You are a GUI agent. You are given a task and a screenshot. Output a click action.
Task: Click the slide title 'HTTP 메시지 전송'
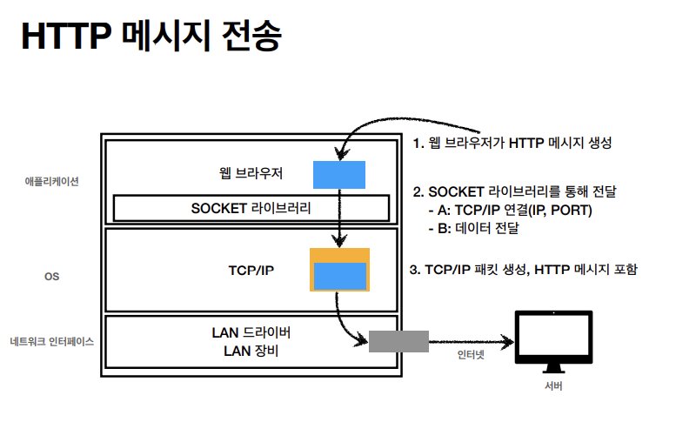click(151, 37)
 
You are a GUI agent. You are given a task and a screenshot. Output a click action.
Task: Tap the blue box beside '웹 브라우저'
click(339, 175)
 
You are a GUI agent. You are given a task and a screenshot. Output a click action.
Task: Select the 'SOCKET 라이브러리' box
click(251, 208)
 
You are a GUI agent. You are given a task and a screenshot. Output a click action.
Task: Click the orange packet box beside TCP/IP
click(339, 270)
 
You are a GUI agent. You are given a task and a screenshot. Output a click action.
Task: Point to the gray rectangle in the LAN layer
click(398, 341)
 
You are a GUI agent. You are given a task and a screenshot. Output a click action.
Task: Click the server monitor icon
click(553, 341)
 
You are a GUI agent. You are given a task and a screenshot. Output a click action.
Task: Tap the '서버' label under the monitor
click(553, 385)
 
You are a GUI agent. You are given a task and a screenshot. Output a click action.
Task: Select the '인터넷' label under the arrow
click(471, 355)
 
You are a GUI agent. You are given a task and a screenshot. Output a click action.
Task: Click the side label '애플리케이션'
click(51, 182)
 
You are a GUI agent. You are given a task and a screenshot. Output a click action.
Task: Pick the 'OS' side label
click(51, 277)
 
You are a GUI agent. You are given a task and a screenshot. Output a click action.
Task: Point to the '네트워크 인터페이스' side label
click(51, 342)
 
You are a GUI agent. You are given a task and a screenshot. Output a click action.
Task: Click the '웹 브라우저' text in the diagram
click(251, 173)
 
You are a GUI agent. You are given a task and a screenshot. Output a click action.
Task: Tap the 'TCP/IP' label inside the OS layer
click(251, 271)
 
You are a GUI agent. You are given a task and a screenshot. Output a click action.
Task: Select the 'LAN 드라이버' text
click(251, 332)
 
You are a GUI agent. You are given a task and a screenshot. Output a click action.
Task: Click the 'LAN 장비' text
click(251, 351)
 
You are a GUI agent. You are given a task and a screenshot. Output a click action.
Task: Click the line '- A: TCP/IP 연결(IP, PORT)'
click(511, 210)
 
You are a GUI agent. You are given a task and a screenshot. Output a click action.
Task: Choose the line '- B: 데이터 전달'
click(474, 228)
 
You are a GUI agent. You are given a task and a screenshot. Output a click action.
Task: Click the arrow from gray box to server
click(472, 342)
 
